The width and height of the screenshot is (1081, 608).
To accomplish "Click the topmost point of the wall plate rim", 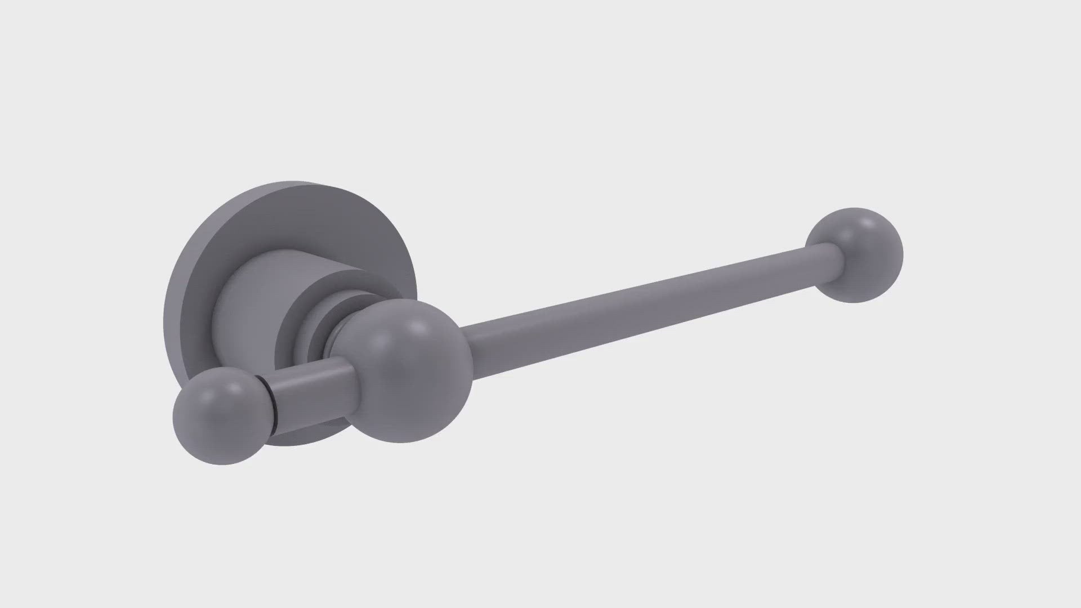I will [293, 182].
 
